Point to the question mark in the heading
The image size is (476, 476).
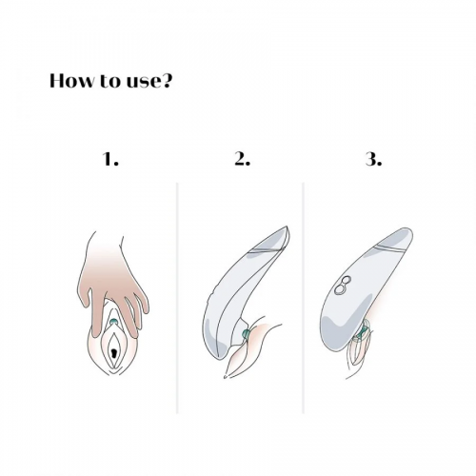tap(168, 81)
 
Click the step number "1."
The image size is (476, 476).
tap(111, 159)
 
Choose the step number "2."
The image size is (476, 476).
tap(243, 159)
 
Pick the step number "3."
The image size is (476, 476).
tap(374, 159)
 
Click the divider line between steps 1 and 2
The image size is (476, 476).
tap(177, 298)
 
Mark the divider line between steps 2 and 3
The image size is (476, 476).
tap(304, 298)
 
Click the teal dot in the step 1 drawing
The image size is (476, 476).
tap(113, 322)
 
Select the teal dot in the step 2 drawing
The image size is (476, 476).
tap(246, 333)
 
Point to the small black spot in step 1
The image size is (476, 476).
tap(113, 352)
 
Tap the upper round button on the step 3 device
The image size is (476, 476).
tap(346, 281)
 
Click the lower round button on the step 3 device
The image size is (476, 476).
tap(339, 289)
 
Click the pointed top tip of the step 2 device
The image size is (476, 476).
tap(287, 227)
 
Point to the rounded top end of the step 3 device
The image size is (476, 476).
tap(407, 229)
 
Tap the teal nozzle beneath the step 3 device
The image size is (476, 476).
tap(362, 334)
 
